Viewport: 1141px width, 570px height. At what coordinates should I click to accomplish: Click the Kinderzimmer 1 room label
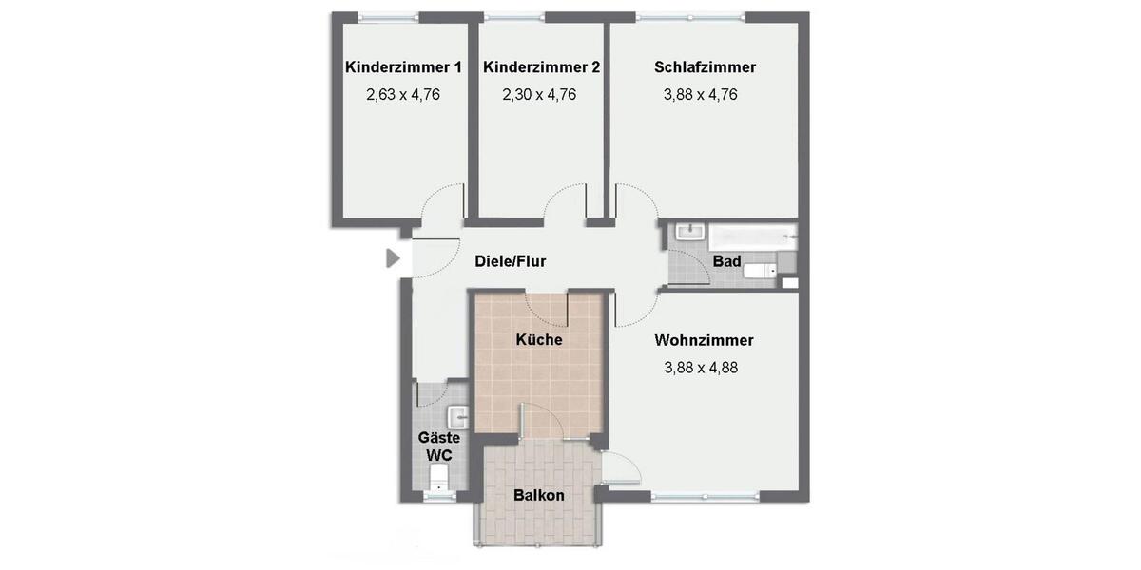(403, 67)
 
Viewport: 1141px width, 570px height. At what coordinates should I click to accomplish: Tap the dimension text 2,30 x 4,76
(539, 94)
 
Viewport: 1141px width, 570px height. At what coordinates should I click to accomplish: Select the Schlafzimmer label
(705, 67)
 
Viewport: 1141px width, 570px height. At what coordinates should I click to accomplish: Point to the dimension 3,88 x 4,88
(701, 367)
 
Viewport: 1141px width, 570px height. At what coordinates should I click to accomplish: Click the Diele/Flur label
(511, 261)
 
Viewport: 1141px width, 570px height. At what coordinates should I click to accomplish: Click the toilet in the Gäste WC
(438, 485)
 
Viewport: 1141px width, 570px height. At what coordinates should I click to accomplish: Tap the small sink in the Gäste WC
(457, 415)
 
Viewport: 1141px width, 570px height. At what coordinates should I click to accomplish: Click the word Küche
(539, 339)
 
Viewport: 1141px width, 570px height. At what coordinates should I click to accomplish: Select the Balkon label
(539, 495)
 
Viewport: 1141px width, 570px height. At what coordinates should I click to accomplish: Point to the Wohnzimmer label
(704, 340)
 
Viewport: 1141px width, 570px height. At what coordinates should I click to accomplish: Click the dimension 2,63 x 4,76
(403, 94)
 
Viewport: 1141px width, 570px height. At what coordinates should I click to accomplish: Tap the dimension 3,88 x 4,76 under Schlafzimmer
(701, 94)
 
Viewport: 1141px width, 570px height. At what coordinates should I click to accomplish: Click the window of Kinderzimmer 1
(388, 16)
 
